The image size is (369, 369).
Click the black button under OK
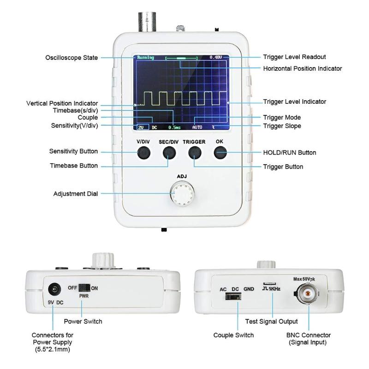click(x=220, y=152)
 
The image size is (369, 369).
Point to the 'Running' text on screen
click(x=145, y=58)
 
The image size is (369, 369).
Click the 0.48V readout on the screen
click(x=215, y=57)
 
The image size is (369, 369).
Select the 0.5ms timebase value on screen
click(x=174, y=127)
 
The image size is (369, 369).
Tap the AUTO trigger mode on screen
click(x=197, y=127)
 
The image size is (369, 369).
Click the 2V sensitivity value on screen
click(x=141, y=127)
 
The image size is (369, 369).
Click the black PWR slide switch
click(x=84, y=287)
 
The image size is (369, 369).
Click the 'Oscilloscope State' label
click(x=71, y=58)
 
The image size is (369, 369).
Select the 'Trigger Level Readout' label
click(x=294, y=57)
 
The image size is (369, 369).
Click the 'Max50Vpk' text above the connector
click(x=308, y=279)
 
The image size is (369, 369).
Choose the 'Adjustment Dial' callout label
click(x=75, y=194)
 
